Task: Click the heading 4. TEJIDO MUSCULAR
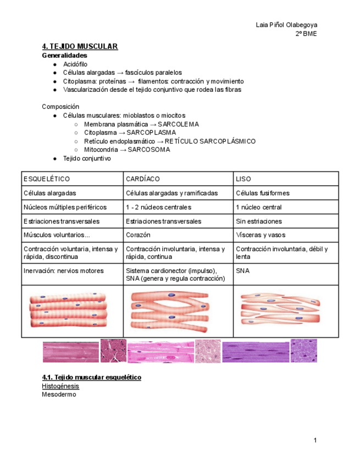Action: tap(80, 46)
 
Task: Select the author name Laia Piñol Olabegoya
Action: tap(286, 25)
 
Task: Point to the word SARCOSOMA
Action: tap(149, 149)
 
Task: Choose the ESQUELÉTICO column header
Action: tap(47, 179)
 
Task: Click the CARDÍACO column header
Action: tap(142, 179)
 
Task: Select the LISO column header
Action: tap(243, 179)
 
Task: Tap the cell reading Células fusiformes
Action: tap(262, 193)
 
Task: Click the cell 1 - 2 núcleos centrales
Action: tap(158, 208)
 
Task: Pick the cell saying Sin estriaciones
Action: tap(259, 221)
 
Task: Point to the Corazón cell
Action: tap(137, 235)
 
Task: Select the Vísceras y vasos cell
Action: tap(261, 235)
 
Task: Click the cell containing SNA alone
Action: tap(242, 271)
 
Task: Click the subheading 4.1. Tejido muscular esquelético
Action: tap(92, 378)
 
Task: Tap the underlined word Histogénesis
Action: tap(60, 386)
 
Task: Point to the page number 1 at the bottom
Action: tap(315, 441)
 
